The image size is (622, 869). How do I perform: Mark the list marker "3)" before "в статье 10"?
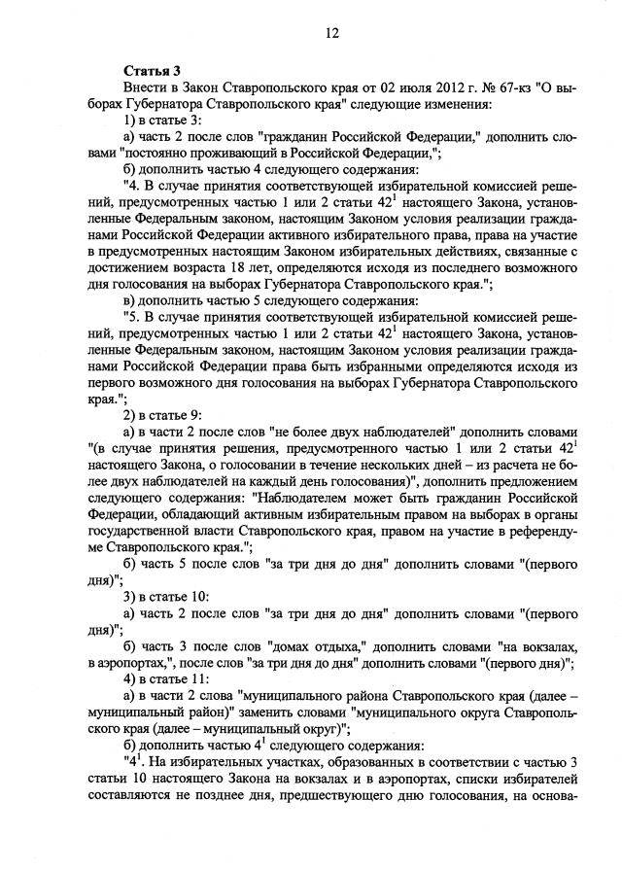coord(131,595)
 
